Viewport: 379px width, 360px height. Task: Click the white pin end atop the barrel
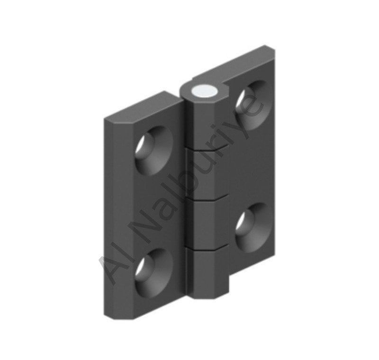click(204, 91)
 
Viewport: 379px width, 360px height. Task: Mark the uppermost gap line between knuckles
click(207, 149)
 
